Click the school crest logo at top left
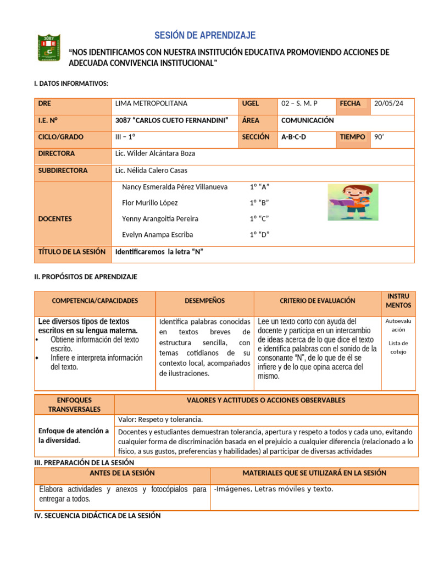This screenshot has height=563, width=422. pyautogui.click(x=49, y=48)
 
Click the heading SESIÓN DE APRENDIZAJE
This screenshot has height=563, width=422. pyautogui.click(x=205, y=36)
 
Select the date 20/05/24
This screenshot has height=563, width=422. pyautogui.click(x=388, y=103)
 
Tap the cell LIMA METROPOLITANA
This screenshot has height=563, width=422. pyautogui.click(x=151, y=103)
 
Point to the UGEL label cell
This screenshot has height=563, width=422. pyautogui.click(x=250, y=103)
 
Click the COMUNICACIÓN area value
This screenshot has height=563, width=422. pyautogui.click(x=307, y=120)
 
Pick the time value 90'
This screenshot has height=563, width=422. pyautogui.click(x=379, y=137)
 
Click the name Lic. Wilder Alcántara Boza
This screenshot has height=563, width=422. pyautogui.click(x=155, y=154)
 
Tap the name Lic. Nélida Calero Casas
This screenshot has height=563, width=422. pyautogui.click(x=152, y=170)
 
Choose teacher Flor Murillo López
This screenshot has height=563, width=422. pyautogui.click(x=149, y=203)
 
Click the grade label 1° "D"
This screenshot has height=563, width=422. pyautogui.click(x=259, y=235)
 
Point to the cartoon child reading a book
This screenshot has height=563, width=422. pyautogui.click(x=353, y=202)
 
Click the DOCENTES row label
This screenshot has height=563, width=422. pyautogui.click(x=55, y=219)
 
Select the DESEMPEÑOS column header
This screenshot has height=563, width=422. pyautogui.click(x=204, y=301)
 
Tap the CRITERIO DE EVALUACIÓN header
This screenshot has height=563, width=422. pyautogui.click(x=317, y=301)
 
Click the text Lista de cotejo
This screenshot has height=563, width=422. pyautogui.click(x=398, y=347)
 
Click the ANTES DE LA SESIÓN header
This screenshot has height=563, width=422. pyautogui.click(x=122, y=473)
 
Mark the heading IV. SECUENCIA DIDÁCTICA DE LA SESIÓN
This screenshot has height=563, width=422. pyautogui.click(x=97, y=516)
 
